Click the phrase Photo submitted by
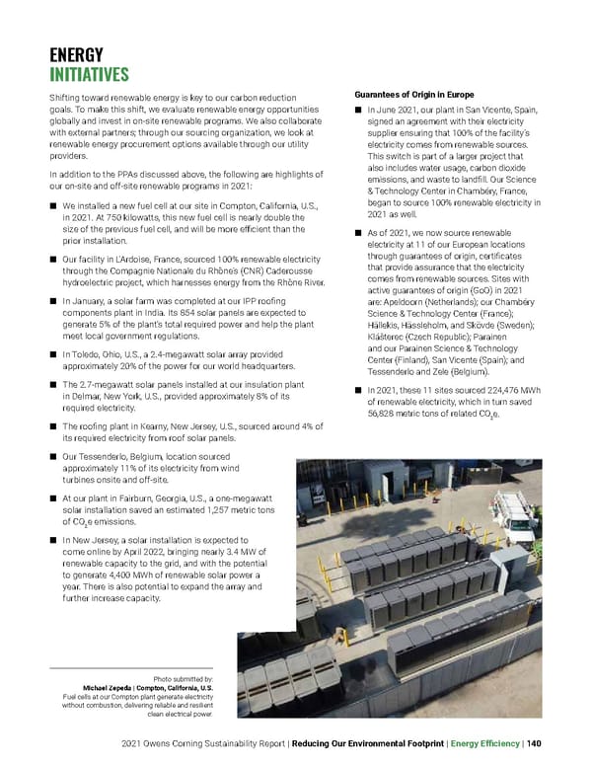(183, 676)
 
